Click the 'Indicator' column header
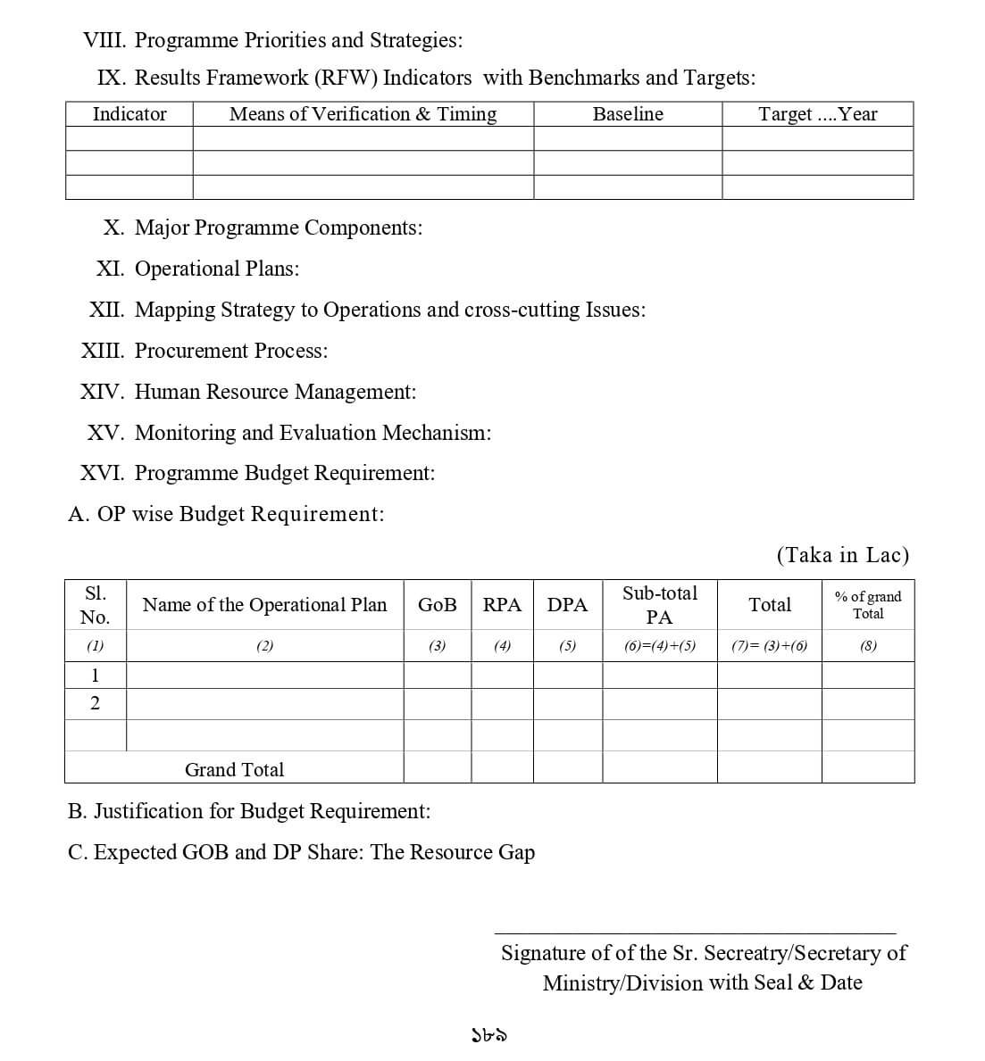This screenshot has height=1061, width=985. (129, 114)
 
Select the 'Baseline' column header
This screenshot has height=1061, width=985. (628, 114)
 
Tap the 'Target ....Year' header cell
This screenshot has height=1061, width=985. (817, 114)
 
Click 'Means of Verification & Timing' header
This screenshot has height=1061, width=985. (363, 114)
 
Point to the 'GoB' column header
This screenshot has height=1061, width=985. (437, 605)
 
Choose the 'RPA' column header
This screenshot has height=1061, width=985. (502, 605)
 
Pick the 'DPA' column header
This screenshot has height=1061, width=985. (567, 605)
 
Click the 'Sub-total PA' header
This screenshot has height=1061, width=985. (659, 605)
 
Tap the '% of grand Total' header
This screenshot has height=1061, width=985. (867, 605)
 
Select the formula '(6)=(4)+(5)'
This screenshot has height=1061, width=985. (659, 646)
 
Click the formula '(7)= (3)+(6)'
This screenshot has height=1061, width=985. (769, 646)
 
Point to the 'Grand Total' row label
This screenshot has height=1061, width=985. (234, 769)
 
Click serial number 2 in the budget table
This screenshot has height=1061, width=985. (95, 704)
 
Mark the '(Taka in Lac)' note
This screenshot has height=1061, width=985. (842, 555)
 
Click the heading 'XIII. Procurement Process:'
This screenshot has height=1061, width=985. (205, 351)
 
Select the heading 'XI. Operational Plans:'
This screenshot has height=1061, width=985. (198, 269)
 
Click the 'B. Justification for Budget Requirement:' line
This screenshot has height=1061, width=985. (249, 811)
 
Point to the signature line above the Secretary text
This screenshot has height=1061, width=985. (694, 933)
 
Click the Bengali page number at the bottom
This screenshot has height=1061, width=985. (489, 1035)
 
